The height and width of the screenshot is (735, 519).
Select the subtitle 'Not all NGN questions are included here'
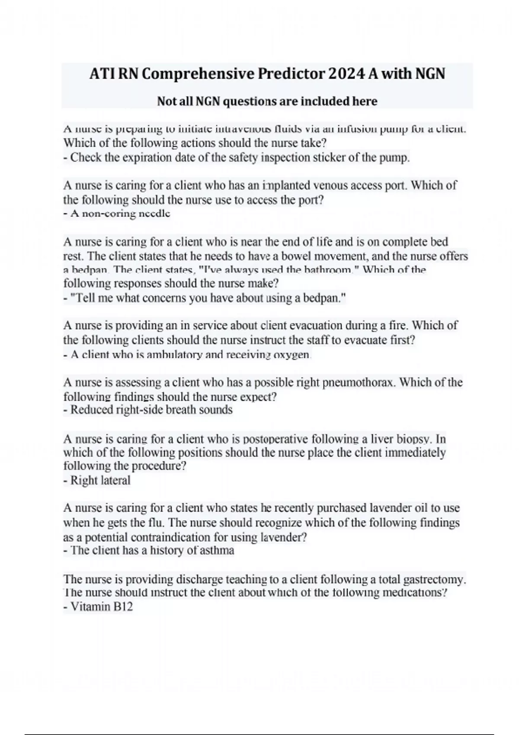267,101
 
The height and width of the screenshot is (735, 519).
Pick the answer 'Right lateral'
100,480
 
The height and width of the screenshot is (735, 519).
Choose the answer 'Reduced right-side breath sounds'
151,410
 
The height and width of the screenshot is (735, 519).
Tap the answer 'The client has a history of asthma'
152,550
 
